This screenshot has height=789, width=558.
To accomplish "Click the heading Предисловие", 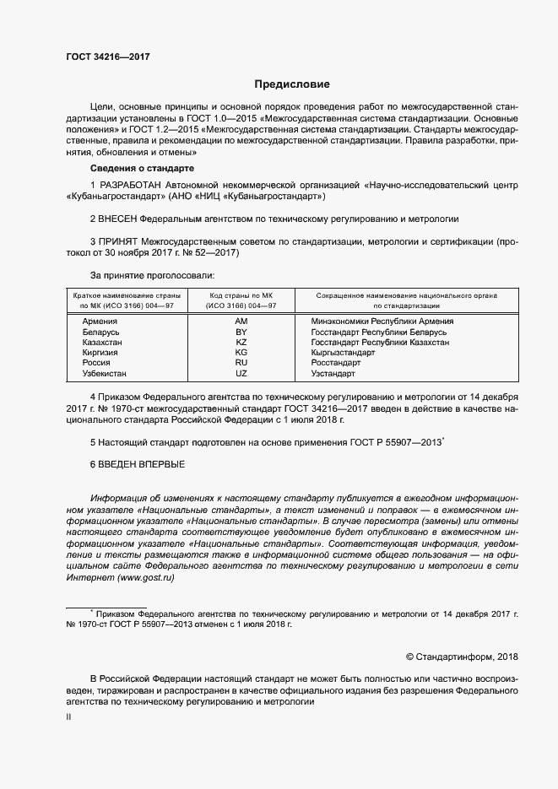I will [x=292, y=84].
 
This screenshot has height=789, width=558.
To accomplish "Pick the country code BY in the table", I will [x=241, y=332].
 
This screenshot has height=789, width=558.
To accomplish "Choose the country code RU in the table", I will [x=241, y=363].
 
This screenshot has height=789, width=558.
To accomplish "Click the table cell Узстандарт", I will [x=333, y=373].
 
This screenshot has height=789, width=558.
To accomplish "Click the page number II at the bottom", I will [x=68, y=716].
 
